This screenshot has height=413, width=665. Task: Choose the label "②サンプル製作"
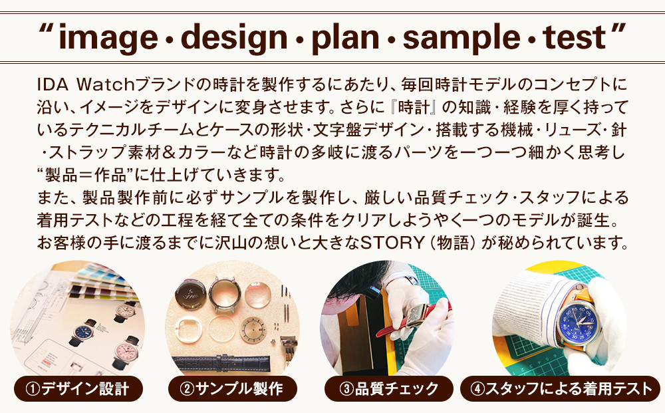pyautogui.click(x=232, y=389)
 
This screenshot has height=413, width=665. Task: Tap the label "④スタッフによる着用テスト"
pyautogui.click(x=561, y=389)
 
